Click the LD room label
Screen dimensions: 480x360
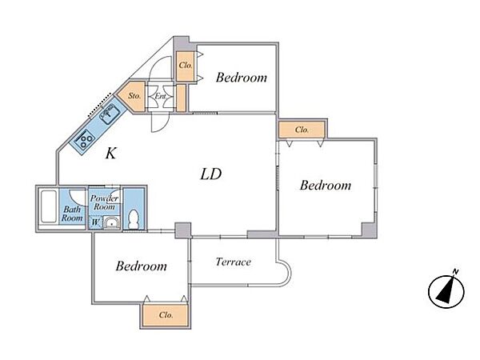[211, 174]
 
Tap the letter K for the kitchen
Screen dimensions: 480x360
[111, 153]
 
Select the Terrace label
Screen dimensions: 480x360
[234, 262]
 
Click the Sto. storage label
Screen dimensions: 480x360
[134, 95]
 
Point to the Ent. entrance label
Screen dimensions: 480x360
[161, 96]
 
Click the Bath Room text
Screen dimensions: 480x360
[72, 214]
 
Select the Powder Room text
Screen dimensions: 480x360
[104, 202]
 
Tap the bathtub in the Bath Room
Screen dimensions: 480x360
[49, 207]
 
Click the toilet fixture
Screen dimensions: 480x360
[134, 219]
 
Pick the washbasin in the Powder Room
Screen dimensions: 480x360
[111, 222]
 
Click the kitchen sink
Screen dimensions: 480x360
[109, 114]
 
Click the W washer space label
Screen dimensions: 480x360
[95, 222]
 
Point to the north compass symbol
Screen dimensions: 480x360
[446, 290]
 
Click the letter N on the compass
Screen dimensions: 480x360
[456, 271]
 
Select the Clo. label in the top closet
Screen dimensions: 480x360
[186, 66]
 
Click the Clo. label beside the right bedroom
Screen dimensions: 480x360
[302, 130]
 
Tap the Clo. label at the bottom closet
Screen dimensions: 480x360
[166, 315]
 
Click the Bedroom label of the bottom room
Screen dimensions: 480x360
[142, 266]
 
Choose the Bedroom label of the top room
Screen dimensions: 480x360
[242, 78]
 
